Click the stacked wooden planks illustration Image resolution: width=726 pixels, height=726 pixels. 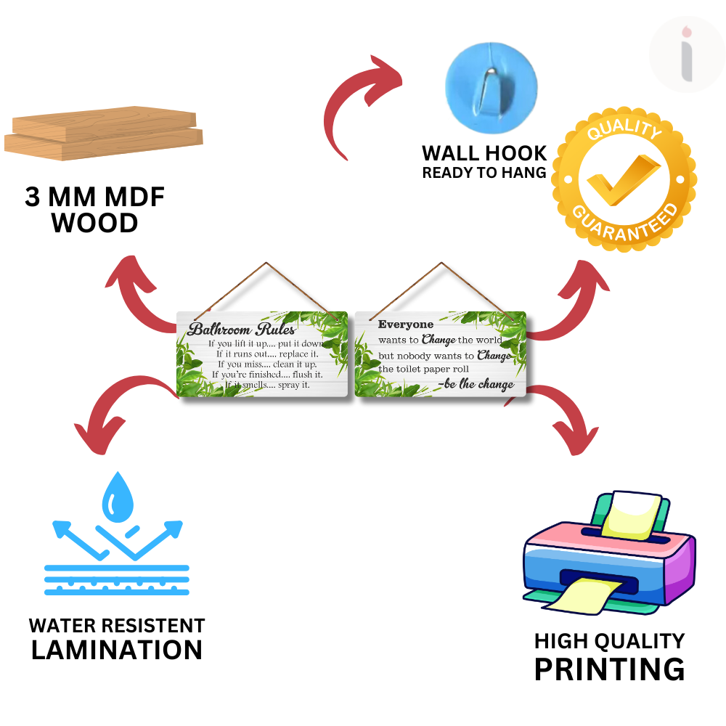pos(103,135)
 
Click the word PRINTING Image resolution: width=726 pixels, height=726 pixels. pos(609,669)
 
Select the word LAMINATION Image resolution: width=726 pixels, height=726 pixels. pos(117,650)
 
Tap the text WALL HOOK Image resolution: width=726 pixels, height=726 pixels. pos(484,153)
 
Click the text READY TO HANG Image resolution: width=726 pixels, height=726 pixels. pos(484,173)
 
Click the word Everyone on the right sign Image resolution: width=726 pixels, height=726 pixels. pos(405,325)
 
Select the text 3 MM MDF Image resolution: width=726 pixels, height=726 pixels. pos(94,197)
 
